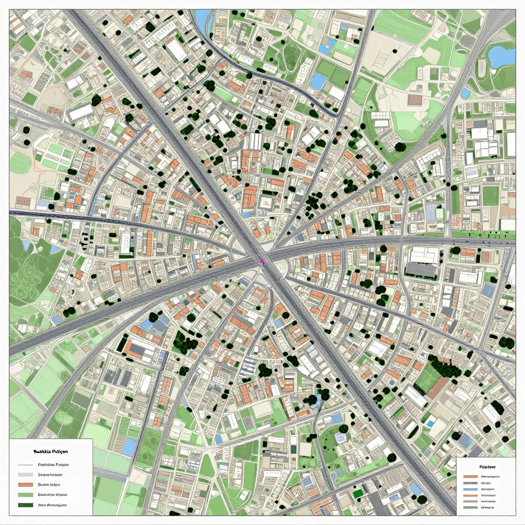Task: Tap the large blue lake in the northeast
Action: (x=501, y=56)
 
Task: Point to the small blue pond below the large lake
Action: (x=465, y=94)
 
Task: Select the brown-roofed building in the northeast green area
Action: (x=415, y=99)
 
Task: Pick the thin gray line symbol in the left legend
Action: (x=25, y=465)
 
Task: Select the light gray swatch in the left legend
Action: (x=25, y=474)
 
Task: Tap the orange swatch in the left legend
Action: (x=25, y=484)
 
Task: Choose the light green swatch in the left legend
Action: (x=25, y=495)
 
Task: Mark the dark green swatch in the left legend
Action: (x=25, y=505)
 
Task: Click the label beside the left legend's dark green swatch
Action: (x=53, y=505)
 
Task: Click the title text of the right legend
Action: (x=485, y=468)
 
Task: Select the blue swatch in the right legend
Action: (x=470, y=482)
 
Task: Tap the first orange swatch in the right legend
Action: (x=470, y=476)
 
